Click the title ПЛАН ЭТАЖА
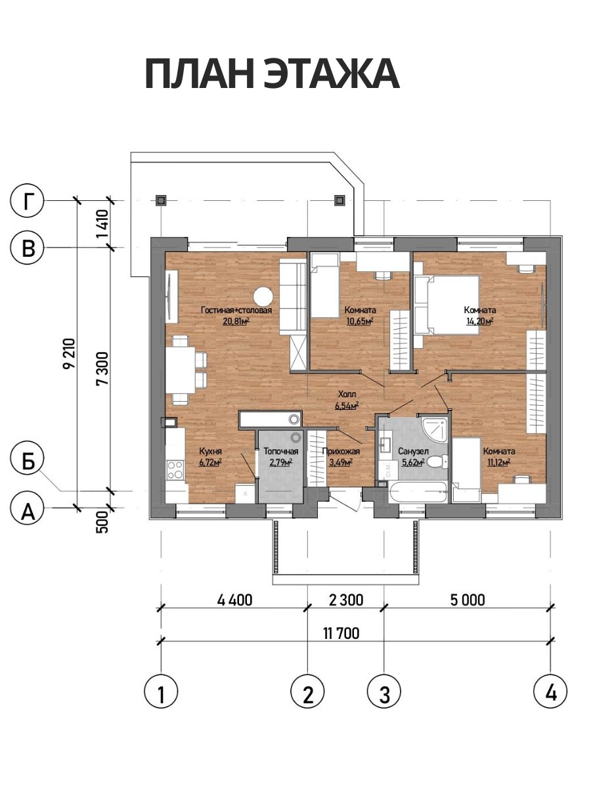pos(272,74)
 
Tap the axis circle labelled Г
pos(28,202)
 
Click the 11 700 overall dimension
pos(341,634)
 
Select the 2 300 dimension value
pos(346,600)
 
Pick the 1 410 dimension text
pos(102,223)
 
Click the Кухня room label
pos(210,452)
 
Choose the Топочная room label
pos(280,451)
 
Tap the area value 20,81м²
pos(236,321)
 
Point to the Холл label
pos(347,394)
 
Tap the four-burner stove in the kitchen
pos(175,470)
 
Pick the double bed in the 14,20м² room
pos(447,305)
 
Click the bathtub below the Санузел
pos(418,492)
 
